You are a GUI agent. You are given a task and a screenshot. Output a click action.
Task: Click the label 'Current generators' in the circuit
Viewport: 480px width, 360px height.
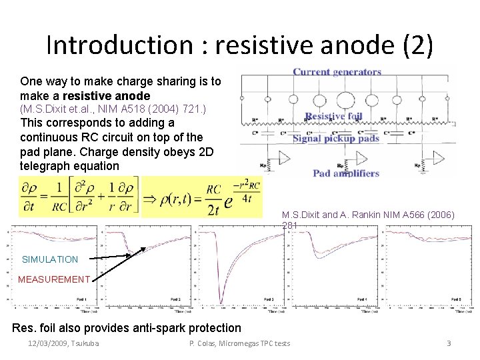coord(337,71)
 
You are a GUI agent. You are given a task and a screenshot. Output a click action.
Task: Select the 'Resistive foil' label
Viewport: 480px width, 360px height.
coord(333,117)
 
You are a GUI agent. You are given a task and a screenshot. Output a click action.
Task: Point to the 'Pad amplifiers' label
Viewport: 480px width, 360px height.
coord(346,173)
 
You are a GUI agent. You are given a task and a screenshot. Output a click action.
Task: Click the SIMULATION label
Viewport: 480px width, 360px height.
coord(50,259)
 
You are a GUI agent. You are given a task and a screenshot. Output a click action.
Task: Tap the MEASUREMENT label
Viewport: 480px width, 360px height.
coord(54,279)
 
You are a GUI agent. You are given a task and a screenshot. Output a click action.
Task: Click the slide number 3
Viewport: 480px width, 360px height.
coord(449,343)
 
